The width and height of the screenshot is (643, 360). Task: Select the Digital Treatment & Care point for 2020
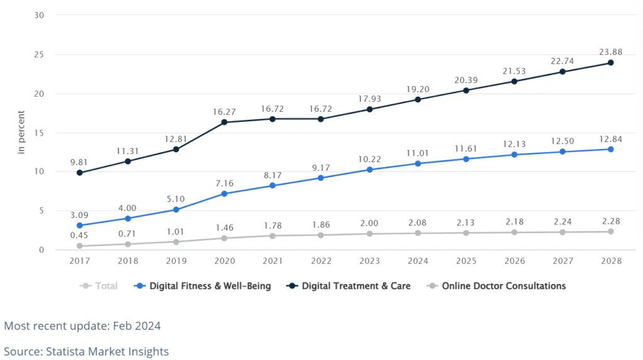point(224,122)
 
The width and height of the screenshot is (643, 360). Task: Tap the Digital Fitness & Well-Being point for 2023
point(369,170)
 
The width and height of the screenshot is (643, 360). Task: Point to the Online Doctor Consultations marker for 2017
point(80,246)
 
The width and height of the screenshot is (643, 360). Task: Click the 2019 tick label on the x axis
point(176,261)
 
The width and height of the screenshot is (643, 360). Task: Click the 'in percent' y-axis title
point(21,133)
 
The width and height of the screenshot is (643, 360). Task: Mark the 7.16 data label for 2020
point(224,182)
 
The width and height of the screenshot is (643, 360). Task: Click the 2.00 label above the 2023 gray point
point(369,223)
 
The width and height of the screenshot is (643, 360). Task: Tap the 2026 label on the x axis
point(514,261)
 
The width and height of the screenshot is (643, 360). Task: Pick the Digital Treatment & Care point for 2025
point(466,90)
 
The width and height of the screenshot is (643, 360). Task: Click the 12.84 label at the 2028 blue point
point(610,138)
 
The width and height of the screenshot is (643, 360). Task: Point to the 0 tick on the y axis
point(41,250)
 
